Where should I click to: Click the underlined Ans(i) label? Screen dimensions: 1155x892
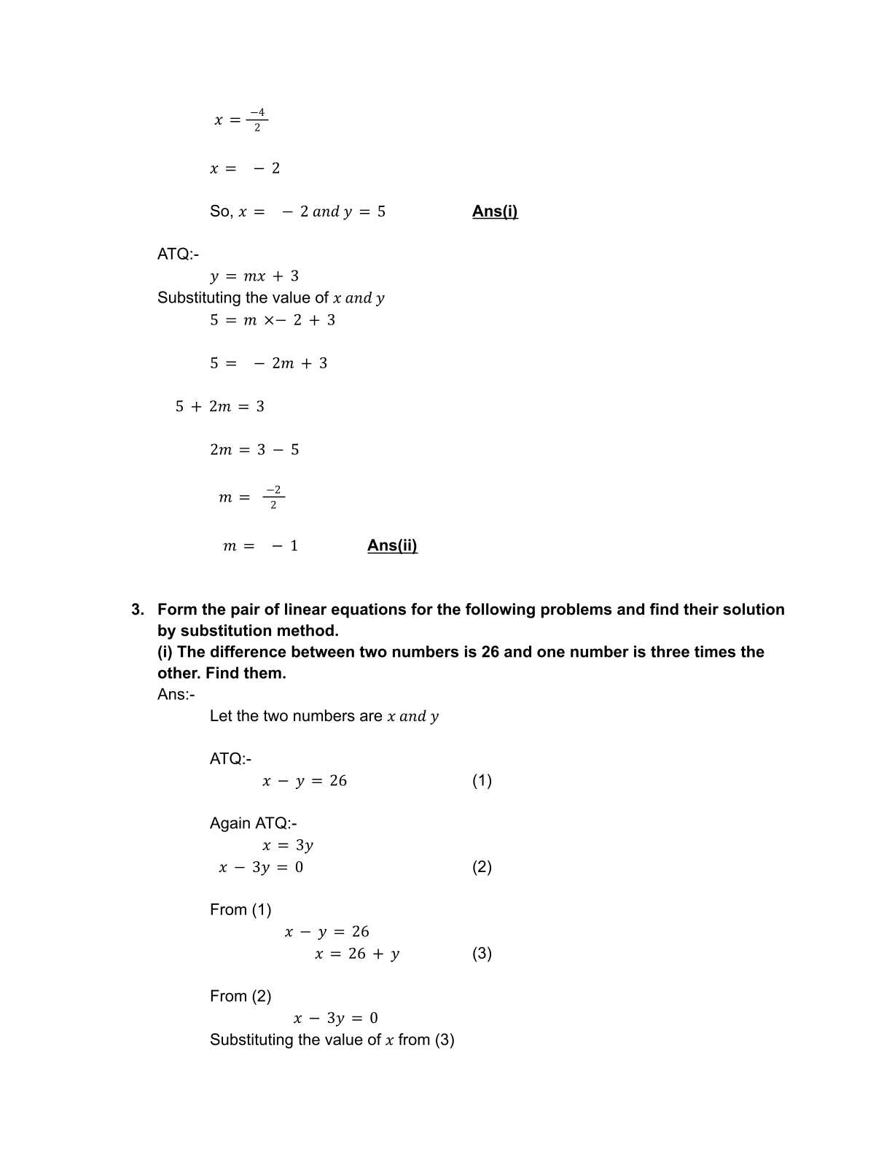495,211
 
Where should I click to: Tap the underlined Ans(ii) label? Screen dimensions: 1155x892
392,545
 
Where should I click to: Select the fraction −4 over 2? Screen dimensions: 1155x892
257,120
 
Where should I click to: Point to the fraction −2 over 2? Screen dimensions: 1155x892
273,497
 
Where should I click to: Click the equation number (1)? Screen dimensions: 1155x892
482,781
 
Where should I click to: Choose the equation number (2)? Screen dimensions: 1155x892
482,867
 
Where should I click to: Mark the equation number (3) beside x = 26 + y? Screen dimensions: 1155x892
482,954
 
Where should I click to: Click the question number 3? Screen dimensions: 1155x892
137,610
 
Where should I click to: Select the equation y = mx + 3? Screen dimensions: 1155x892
254,276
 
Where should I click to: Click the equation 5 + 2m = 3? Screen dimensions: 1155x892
219,407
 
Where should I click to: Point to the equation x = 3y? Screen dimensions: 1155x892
288,846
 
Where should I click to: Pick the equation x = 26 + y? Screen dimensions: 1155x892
357,954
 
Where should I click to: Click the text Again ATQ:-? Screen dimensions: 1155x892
253,824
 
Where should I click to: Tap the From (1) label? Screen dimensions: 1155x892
240,910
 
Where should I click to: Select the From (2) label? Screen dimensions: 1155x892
240,997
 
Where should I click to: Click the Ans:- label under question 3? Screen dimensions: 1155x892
176,694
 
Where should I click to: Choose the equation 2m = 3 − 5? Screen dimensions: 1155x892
254,450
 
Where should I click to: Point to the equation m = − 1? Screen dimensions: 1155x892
260,546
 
